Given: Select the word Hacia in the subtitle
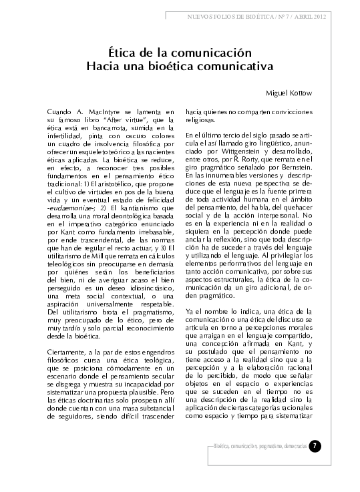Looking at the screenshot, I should (x=105, y=67).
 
